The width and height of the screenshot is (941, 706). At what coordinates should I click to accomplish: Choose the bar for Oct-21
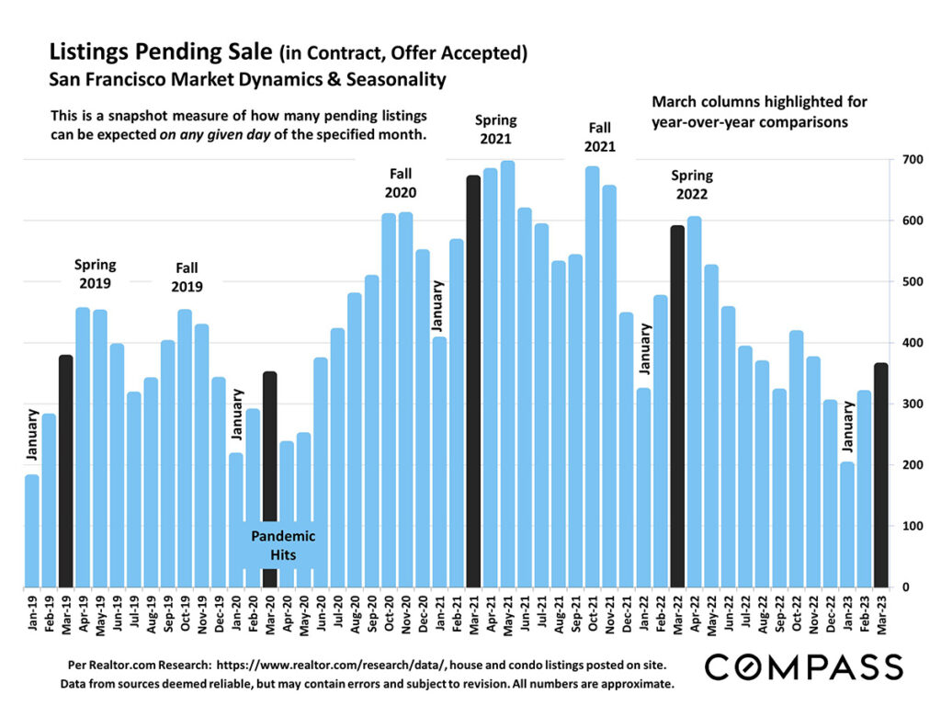592,377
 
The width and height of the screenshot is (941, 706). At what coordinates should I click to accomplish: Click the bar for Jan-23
847,524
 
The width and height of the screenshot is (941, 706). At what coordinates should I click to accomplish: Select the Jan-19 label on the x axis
32,612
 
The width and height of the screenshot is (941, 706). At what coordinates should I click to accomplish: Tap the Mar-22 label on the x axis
677,612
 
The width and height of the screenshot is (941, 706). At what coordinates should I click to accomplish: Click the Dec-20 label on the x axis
423,612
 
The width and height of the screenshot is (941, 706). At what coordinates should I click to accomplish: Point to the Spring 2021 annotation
495,129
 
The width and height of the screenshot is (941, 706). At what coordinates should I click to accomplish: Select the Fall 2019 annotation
187,277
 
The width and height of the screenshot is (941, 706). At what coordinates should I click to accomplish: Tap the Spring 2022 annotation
692,184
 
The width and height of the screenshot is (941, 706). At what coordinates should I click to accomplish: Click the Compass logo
803,666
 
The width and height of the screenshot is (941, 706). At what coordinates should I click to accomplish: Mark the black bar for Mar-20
269,479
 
